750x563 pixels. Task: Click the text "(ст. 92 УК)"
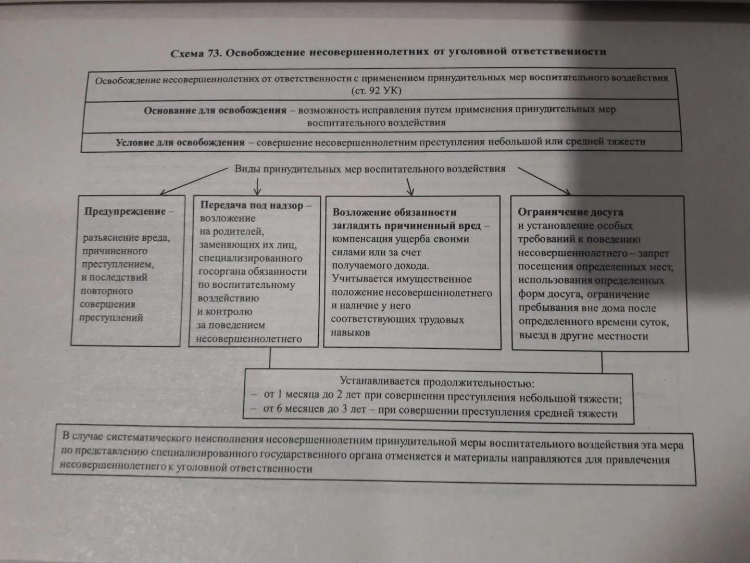coord(377,91)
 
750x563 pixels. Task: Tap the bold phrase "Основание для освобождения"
coord(215,111)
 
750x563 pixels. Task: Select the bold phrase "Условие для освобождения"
coord(180,142)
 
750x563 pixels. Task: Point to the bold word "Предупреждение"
coord(125,212)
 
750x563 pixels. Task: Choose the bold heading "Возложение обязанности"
coord(394,213)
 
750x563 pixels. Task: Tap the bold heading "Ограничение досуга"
coord(570,212)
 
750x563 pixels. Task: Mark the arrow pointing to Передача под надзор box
coord(257,186)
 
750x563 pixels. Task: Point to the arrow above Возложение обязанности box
coord(409,186)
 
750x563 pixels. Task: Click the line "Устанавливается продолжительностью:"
coord(437,383)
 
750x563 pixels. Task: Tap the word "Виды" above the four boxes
coord(247,169)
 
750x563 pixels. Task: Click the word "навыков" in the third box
coord(351,333)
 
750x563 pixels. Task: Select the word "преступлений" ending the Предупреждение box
coord(111,317)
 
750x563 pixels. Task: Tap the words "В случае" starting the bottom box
coord(82,436)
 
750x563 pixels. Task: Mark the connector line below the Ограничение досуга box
coord(602,361)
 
